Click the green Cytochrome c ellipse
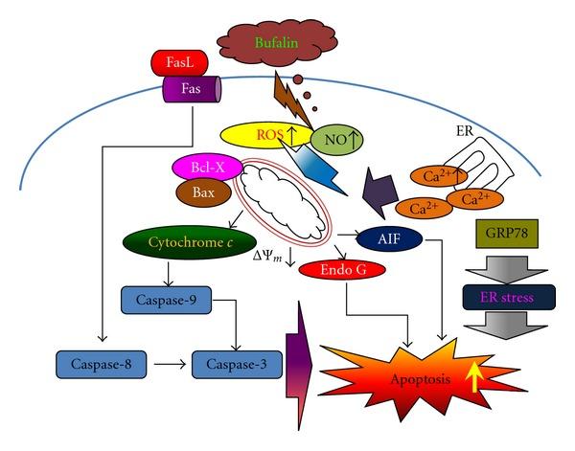pos(181,243)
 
